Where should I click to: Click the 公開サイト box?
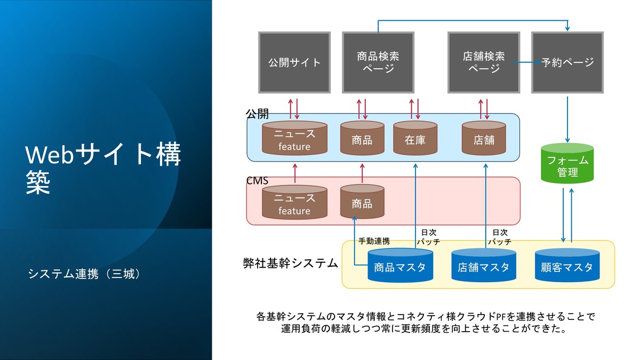[x=294, y=62]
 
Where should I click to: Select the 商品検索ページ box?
[x=378, y=62]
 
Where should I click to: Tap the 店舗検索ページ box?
[x=484, y=62]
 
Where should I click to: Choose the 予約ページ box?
[x=567, y=62]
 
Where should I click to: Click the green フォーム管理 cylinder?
[x=567, y=163]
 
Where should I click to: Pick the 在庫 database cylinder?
[x=415, y=138]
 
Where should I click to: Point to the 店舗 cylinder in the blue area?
[x=484, y=138]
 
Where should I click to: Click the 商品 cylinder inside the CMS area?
[x=362, y=202]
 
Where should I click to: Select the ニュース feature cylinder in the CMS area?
[x=294, y=202]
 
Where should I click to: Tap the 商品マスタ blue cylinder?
[x=401, y=266]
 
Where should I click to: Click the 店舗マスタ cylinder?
[x=484, y=266]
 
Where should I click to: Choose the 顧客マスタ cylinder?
[x=567, y=266]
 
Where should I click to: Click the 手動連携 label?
[x=374, y=241]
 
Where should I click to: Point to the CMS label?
[x=257, y=181]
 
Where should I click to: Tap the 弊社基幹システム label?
[x=290, y=263]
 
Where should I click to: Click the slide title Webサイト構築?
[x=103, y=169]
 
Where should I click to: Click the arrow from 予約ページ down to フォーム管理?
[x=567, y=119]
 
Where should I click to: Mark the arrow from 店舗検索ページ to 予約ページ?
[x=526, y=62]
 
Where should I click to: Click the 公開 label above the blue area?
[x=257, y=114]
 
